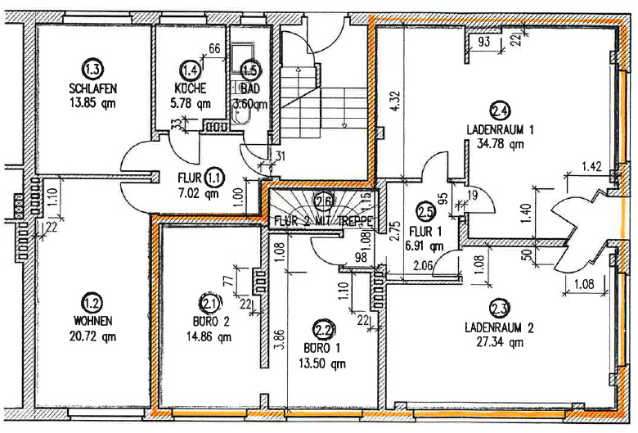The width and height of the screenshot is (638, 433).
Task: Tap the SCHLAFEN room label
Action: click(x=92, y=88)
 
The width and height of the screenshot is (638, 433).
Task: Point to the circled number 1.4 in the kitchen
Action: click(x=190, y=70)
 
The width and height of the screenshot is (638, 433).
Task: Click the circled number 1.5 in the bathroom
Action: click(x=249, y=71)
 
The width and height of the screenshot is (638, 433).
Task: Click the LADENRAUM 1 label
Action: click(x=500, y=129)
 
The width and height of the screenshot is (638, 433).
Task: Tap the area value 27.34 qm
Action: click(x=500, y=342)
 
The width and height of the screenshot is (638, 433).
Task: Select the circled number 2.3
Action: click(x=499, y=309)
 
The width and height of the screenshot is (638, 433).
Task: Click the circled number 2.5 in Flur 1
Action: click(x=425, y=212)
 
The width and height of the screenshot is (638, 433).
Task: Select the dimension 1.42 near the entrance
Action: click(x=592, y=167)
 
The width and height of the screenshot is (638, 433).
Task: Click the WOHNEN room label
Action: click(x=92, y=319)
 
